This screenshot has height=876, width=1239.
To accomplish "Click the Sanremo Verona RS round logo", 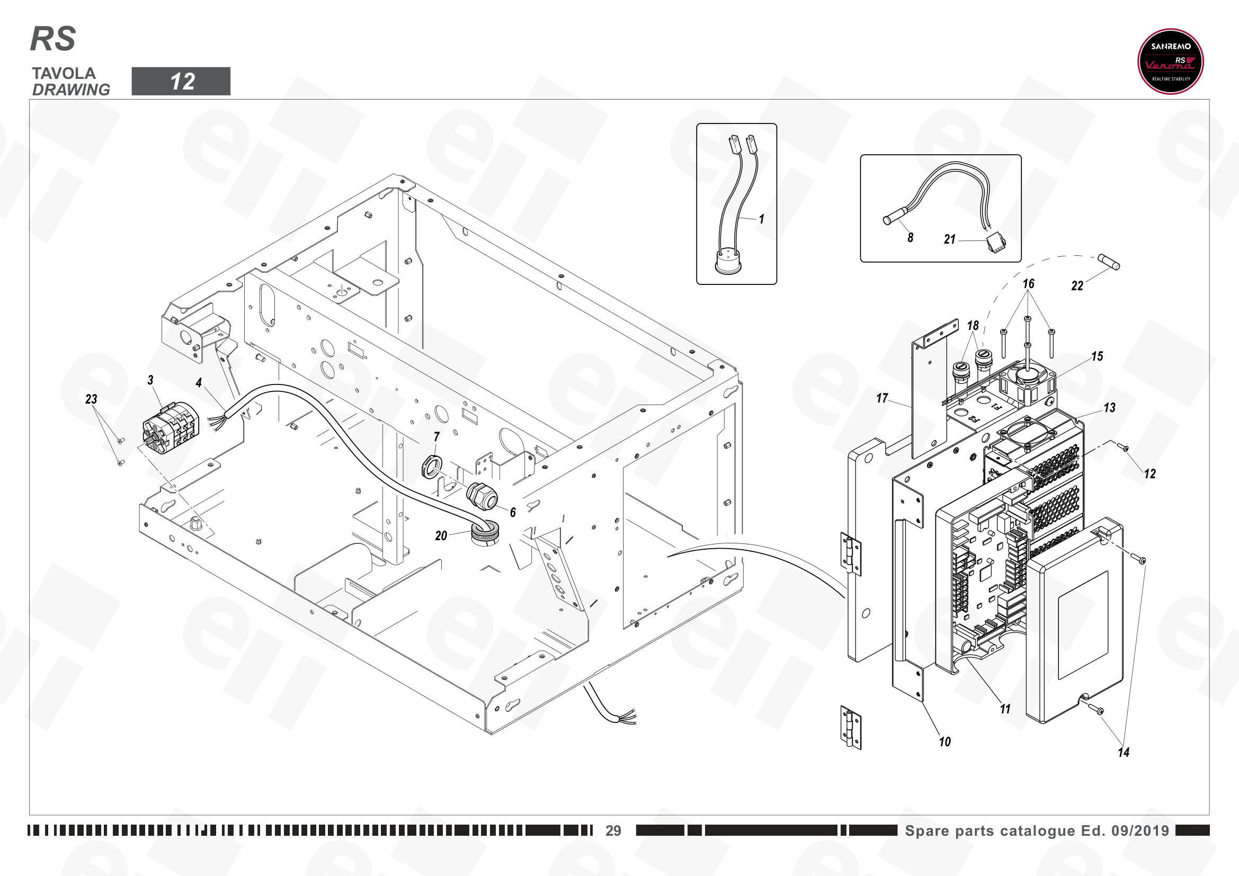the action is click(1171, 61).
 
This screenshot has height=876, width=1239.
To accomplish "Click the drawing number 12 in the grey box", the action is click(182, 82).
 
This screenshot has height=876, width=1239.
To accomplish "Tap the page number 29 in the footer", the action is click(613, 830).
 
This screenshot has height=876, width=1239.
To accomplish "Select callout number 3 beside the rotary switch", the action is click(150, 380).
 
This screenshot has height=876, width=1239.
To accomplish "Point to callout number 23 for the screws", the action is click(91, 399).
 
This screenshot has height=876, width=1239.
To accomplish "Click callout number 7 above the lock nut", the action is click(436, 436).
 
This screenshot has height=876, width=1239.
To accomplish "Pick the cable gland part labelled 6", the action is click(482, 496).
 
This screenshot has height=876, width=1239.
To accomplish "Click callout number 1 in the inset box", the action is click(761, 219).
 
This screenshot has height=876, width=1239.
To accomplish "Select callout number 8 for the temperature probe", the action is click(911, 237).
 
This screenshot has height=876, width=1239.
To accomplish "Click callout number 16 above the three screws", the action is click(1029, 284).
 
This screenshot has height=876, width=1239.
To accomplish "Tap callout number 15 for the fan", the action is click(1097, 356).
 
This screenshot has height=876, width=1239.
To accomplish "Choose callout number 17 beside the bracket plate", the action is click(883, 398).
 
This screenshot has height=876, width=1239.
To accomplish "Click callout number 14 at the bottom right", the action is click(1124, 752).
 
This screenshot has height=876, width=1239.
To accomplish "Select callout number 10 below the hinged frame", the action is click(945, 741).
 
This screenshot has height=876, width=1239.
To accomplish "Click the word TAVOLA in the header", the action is click(64, 74).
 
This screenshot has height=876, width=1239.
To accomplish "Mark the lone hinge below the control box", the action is click(851, 728).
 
